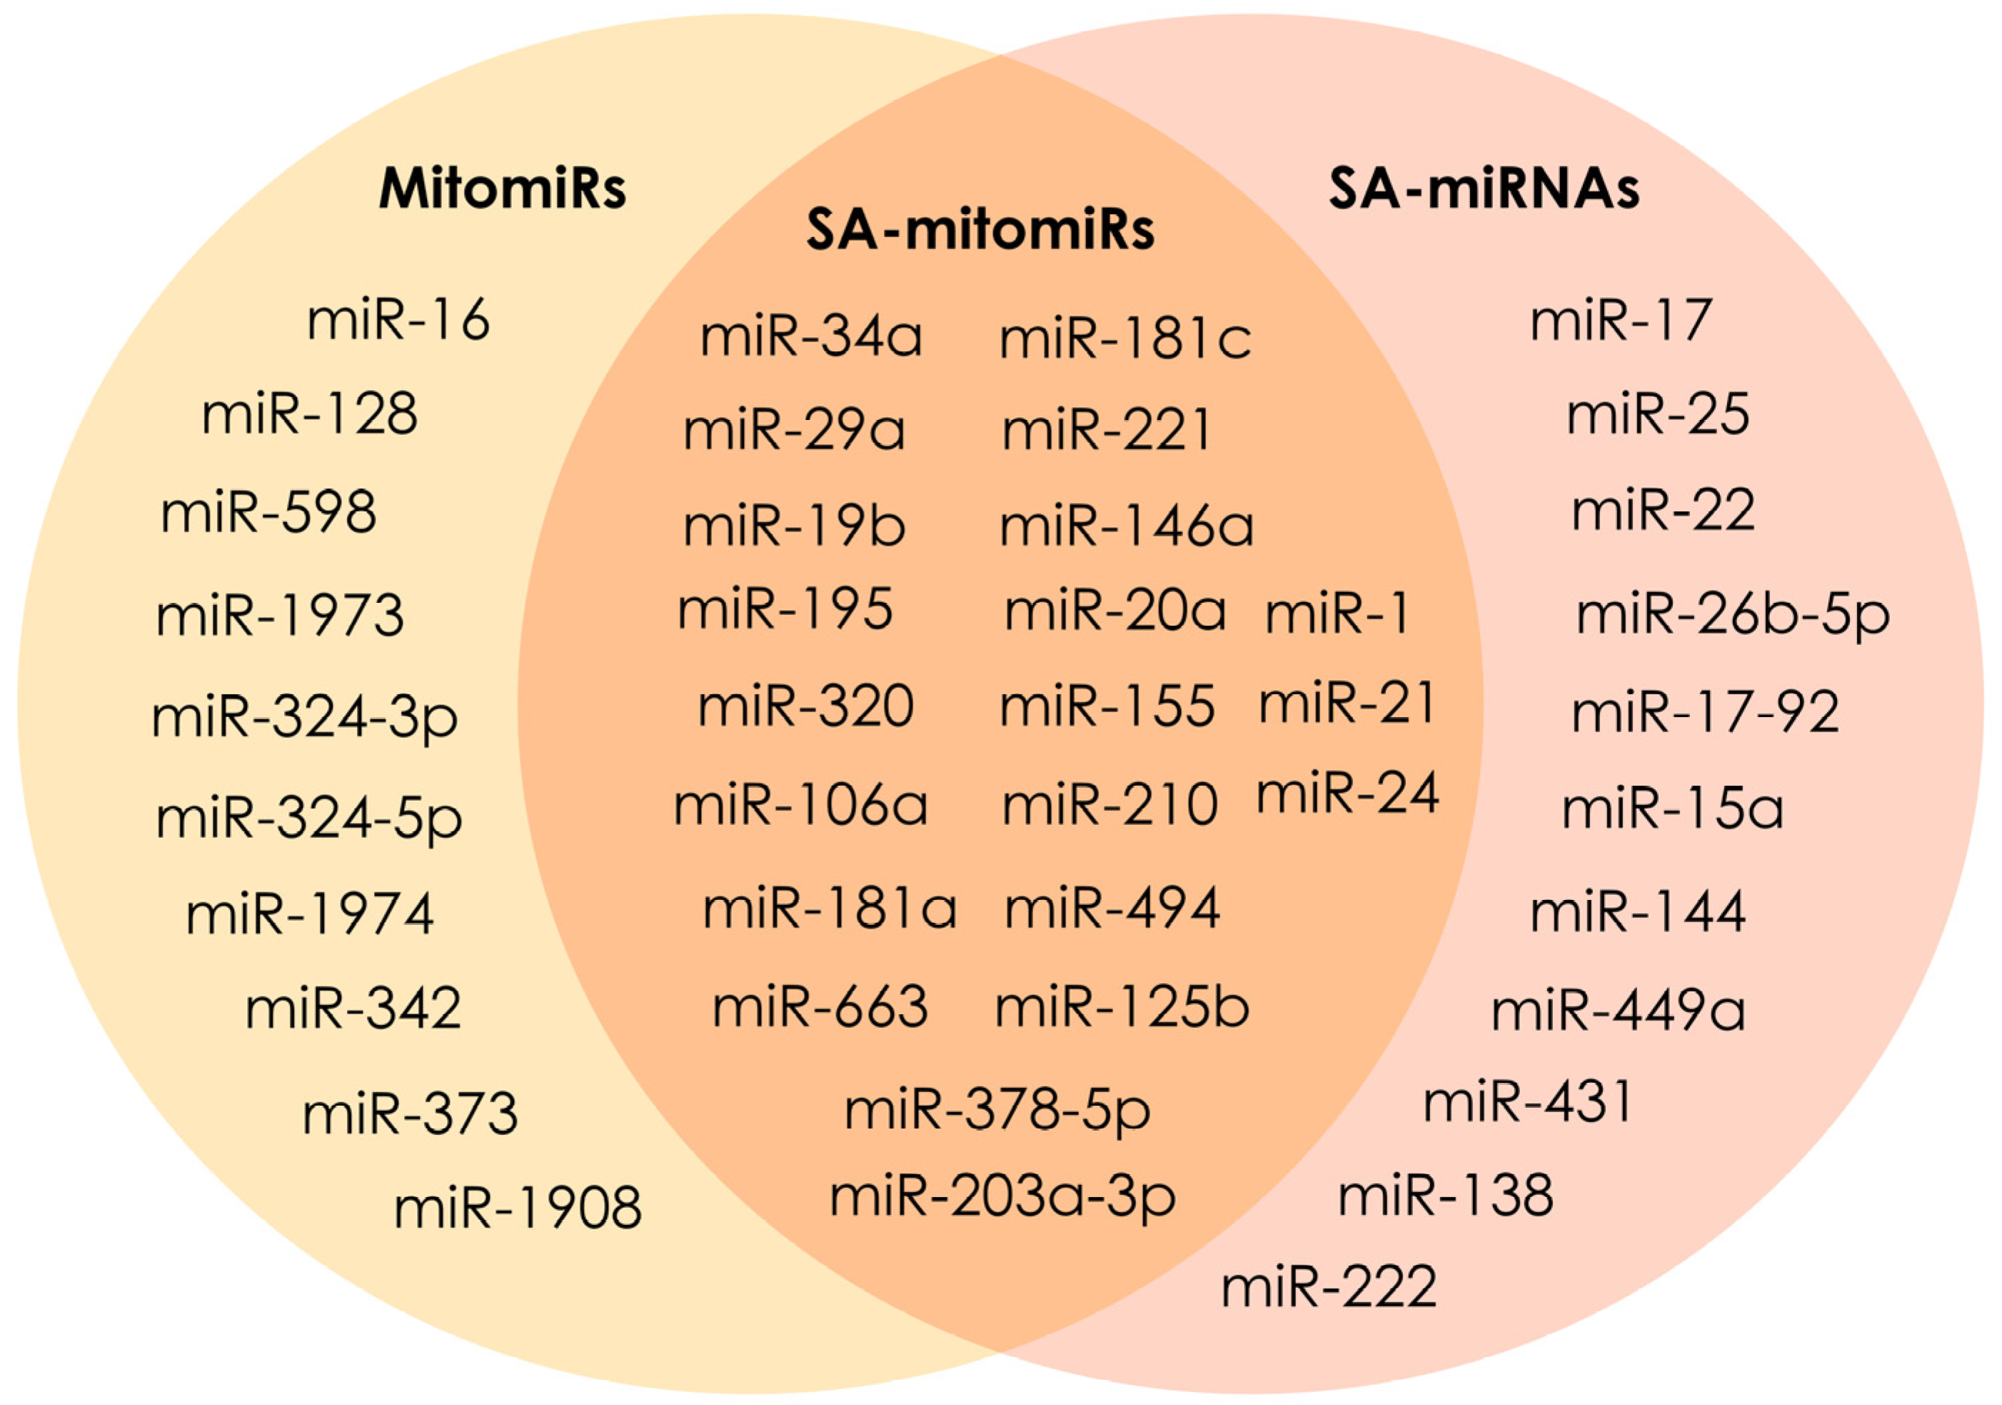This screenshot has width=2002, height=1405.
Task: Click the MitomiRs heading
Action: click(502, 188)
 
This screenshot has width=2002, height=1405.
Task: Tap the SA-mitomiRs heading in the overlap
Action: click(980, 229)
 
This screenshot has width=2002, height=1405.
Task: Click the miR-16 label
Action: click(398, 320)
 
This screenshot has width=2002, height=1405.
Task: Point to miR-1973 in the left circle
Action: click(280, 616)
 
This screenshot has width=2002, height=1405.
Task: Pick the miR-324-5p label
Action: click(308, 819)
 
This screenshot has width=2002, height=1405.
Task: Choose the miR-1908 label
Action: click(518, 1209)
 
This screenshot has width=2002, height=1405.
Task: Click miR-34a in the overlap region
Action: click(811, 338)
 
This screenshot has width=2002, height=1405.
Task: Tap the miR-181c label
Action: click(1125, 339)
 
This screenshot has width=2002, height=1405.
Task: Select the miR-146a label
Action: click(1127, 526)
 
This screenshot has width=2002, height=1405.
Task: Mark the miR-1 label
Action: click(1337, 614)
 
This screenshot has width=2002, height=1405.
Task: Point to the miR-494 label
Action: click(1112, 909)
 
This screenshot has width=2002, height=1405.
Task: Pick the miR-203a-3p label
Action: click(1002, 1197)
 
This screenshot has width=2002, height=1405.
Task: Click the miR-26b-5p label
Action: click(1733, 616)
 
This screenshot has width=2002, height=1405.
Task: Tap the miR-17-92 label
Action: click(1706, 714)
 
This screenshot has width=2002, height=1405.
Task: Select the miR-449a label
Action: click(1619, 1011)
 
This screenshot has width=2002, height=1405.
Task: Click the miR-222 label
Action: click(1329, 1287)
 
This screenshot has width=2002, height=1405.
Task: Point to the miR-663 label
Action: click(820, 1007)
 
